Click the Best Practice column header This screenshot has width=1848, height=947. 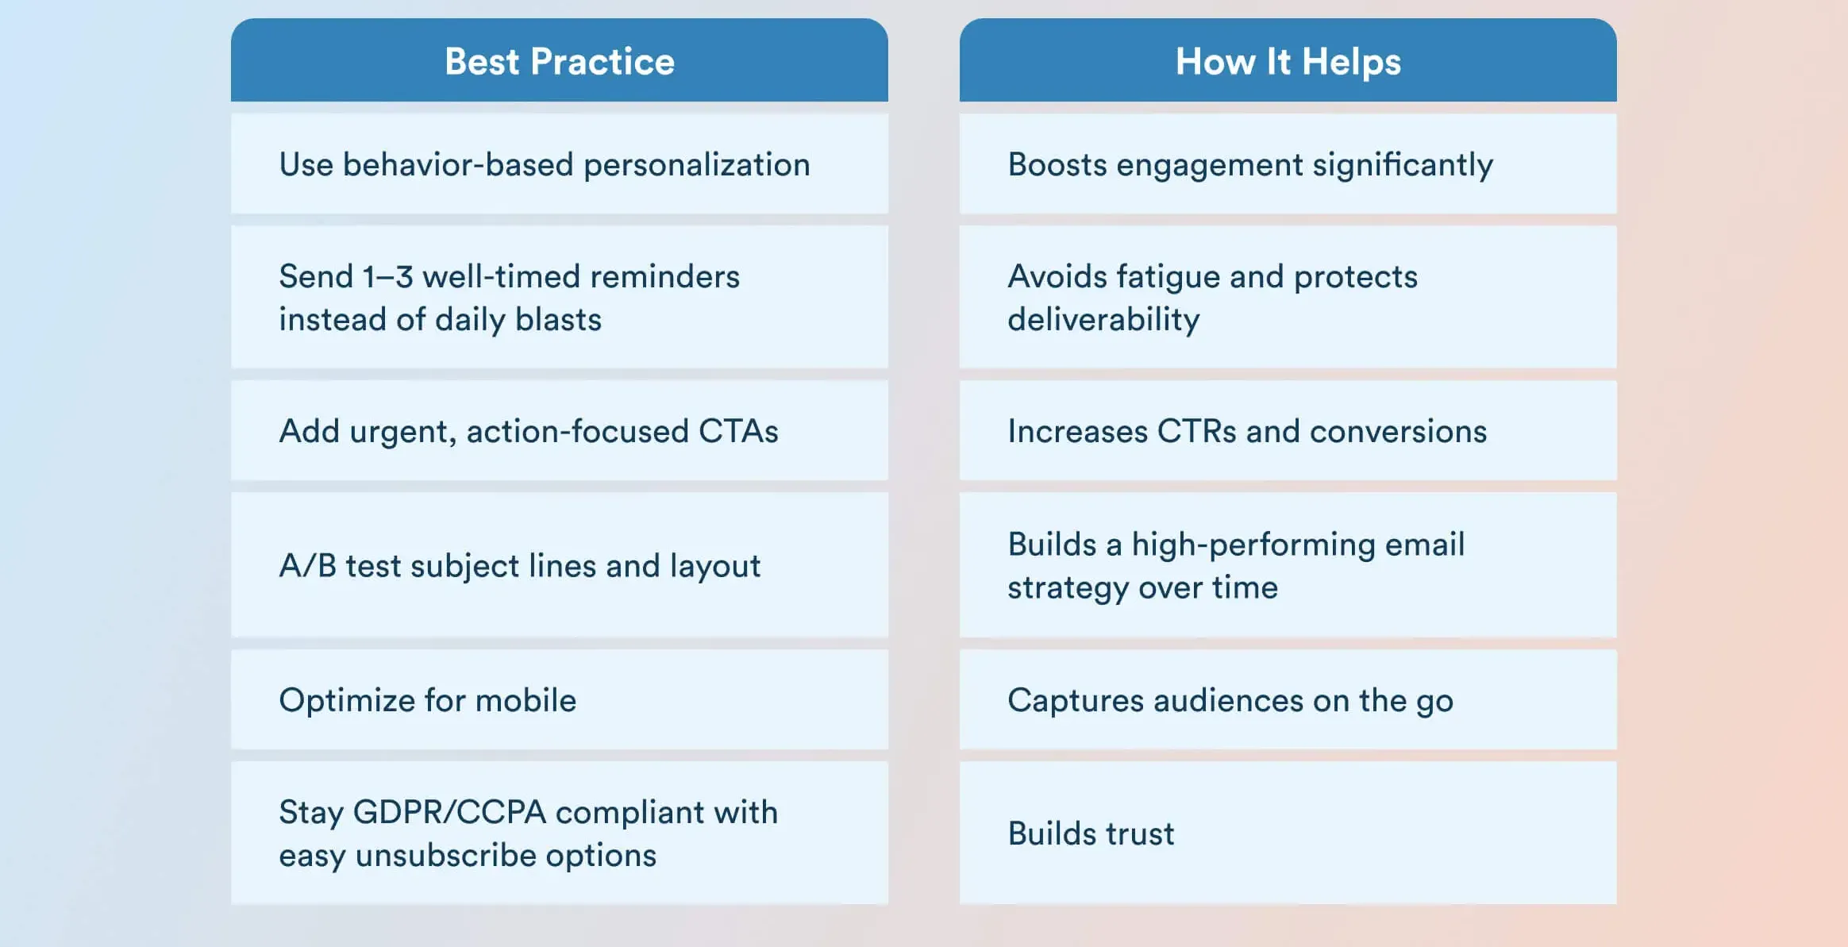pyautogui.click(x=559, y=62)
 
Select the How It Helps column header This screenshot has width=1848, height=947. pyautogui.click(x=1288, y=62)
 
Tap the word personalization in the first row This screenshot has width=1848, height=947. pyautogui.click(x=696, y=165)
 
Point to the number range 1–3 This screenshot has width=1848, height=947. pyautogui.click(x=387, y=277)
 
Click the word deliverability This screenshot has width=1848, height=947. pyautogui.click(x=1103, y=320)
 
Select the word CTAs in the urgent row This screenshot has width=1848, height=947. pyautogui.click(x=737, y=432)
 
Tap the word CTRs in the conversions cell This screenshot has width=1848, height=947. pyautogui.click(x=1196, y=432)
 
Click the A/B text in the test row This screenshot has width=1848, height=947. pyautogui.click(x=307, y=566)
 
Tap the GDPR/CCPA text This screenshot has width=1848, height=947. pyautogui.click(x=449, y=813)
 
